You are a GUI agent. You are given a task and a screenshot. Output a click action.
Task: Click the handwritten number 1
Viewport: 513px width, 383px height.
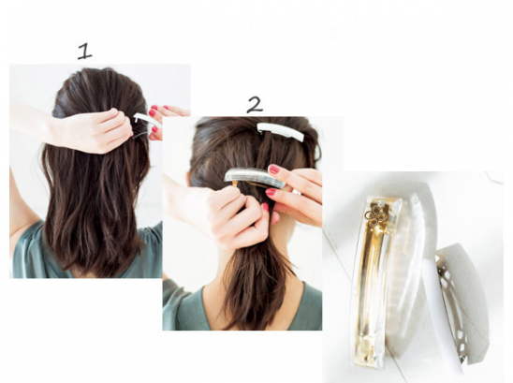point(84,52)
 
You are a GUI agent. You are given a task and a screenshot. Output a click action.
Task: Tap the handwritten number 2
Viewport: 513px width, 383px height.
point(255,105)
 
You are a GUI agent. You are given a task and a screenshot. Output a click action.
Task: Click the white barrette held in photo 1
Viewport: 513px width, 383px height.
point(146,119)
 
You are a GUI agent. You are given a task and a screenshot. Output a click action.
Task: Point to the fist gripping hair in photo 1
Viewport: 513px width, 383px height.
point(98,131)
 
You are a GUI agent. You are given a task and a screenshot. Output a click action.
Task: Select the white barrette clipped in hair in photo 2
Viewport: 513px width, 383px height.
point(281,131)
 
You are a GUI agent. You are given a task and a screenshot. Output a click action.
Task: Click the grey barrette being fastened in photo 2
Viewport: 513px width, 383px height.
point(255,177)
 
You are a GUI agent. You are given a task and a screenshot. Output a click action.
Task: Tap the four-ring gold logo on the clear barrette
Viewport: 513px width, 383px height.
point(372,216)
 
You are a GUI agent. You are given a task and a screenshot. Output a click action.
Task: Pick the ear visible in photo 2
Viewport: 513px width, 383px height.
point(188,178)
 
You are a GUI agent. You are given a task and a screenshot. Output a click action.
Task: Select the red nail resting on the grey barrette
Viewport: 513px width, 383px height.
point(273,169)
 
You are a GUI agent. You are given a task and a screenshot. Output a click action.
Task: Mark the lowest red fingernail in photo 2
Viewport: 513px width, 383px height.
point(265,207)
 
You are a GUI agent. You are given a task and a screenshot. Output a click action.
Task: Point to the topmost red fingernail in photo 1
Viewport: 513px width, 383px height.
point(153,107)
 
